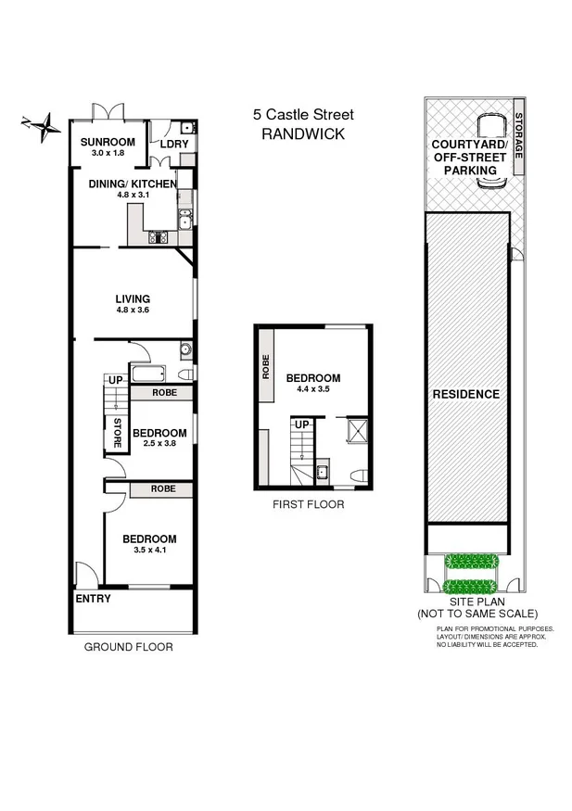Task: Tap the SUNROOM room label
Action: click(108, 143)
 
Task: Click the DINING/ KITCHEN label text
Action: click(133, 184)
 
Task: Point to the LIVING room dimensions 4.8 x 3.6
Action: click(133, 310)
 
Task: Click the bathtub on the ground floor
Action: click(148, 374)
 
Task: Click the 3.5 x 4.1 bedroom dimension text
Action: click(148, 551)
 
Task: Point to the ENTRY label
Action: click(95, 599)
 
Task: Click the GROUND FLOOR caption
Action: click(128, 647)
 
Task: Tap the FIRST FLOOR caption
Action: click(308, 505)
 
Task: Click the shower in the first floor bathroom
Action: click(356, 432)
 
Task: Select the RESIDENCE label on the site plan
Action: click(466, 394)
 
